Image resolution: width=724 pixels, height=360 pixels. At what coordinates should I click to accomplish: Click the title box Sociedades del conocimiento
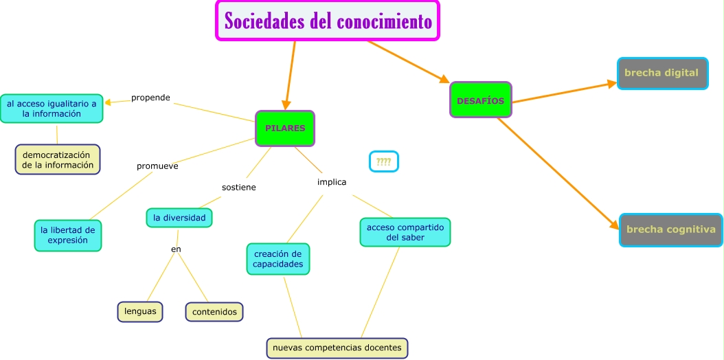click(328, 21)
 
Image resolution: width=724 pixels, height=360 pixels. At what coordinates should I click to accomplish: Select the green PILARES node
click(284, 128)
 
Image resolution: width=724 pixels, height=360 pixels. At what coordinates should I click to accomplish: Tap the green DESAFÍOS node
click(480, 100)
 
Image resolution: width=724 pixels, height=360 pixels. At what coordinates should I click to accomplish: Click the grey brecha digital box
click(661, 73)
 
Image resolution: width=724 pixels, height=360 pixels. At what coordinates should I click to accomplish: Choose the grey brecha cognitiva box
click(670, 229)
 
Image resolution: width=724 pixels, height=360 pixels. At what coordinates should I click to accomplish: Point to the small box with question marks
click(383, 161)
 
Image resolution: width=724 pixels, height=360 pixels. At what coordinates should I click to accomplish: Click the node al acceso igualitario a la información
click(52, 109)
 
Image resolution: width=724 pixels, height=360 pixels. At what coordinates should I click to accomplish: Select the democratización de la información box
click(58, 159)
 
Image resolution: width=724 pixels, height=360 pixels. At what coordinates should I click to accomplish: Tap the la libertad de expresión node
click(67, 235)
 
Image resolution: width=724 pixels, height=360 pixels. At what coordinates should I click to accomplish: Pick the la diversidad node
click(179, 218)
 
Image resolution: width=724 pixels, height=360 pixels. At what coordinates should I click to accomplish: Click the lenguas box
click(140, 311)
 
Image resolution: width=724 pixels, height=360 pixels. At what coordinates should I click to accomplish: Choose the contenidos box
click(214, 312)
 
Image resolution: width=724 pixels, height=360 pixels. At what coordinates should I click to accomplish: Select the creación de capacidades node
click(278, 259)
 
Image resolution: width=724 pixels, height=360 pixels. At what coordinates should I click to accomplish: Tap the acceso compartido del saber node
click(405, 232)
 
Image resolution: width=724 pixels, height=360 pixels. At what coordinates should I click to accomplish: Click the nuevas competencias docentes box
click(337, 348)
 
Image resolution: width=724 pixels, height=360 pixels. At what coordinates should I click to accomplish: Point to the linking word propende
click(150, 98)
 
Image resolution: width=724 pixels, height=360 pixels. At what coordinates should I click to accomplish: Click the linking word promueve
click(157, 166)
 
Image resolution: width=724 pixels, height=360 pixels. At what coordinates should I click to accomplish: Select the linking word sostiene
click(238, 187)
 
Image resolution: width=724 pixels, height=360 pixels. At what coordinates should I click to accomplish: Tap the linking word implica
click(332, 182)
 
